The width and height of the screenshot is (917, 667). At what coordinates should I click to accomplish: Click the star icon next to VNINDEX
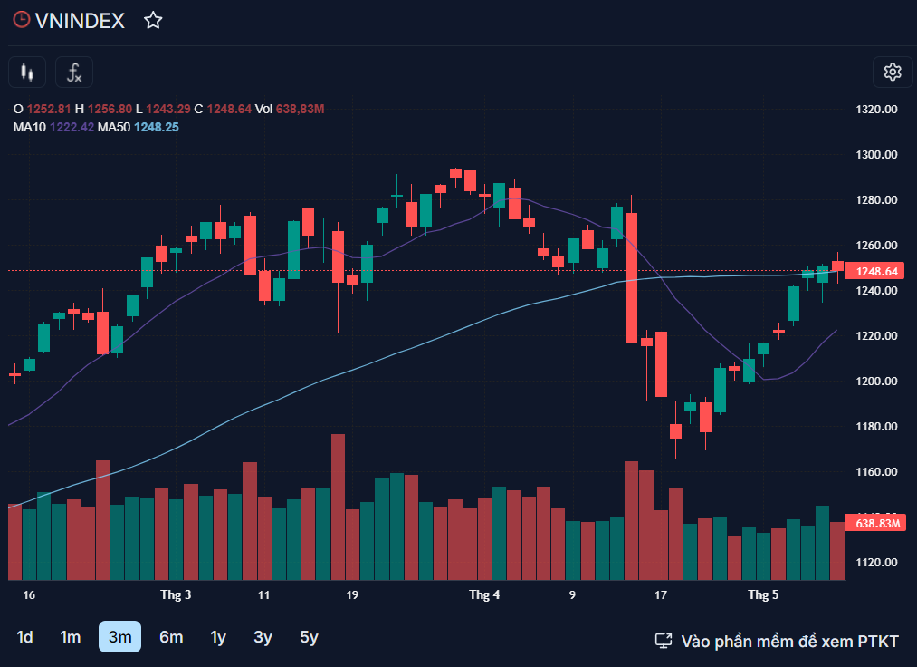tap(153, 21)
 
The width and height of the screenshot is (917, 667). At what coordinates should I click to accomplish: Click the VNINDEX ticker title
tap(79, 21)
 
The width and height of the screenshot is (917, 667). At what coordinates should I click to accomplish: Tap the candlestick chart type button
tap(27, 72)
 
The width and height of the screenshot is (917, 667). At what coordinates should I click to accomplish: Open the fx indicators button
tap(74, 72)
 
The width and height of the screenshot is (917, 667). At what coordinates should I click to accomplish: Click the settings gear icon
tap(893, 72)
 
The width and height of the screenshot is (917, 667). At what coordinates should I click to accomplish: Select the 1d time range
tap(25, 637)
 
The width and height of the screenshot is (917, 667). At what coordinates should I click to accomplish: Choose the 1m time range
tap(71, 637)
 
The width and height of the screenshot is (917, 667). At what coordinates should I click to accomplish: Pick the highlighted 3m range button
tap(119, 637)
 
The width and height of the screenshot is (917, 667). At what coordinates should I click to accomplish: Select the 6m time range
tap(171, 637)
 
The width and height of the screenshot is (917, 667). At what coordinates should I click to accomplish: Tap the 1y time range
tap(218, 637)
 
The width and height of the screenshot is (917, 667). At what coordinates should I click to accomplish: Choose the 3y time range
tap(263, 637)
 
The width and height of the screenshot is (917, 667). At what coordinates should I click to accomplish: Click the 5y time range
tap(310, 637)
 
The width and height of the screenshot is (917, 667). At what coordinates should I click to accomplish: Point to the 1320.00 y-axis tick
tap(876, 110)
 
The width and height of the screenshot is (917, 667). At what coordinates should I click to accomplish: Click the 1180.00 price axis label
tap(876, 427)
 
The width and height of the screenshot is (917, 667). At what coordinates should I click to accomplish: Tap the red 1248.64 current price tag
tap(876, 271)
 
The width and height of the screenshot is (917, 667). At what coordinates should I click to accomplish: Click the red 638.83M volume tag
tap(877, 523)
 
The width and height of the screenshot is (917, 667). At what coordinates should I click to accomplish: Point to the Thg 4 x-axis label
tap(484, 595)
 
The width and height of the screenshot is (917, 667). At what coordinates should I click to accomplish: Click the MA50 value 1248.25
tap(156, 127)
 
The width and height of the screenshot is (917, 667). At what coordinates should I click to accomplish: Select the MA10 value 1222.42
tap(72, 127)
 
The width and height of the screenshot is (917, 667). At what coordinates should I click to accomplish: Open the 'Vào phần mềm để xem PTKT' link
tap(777, 641)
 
